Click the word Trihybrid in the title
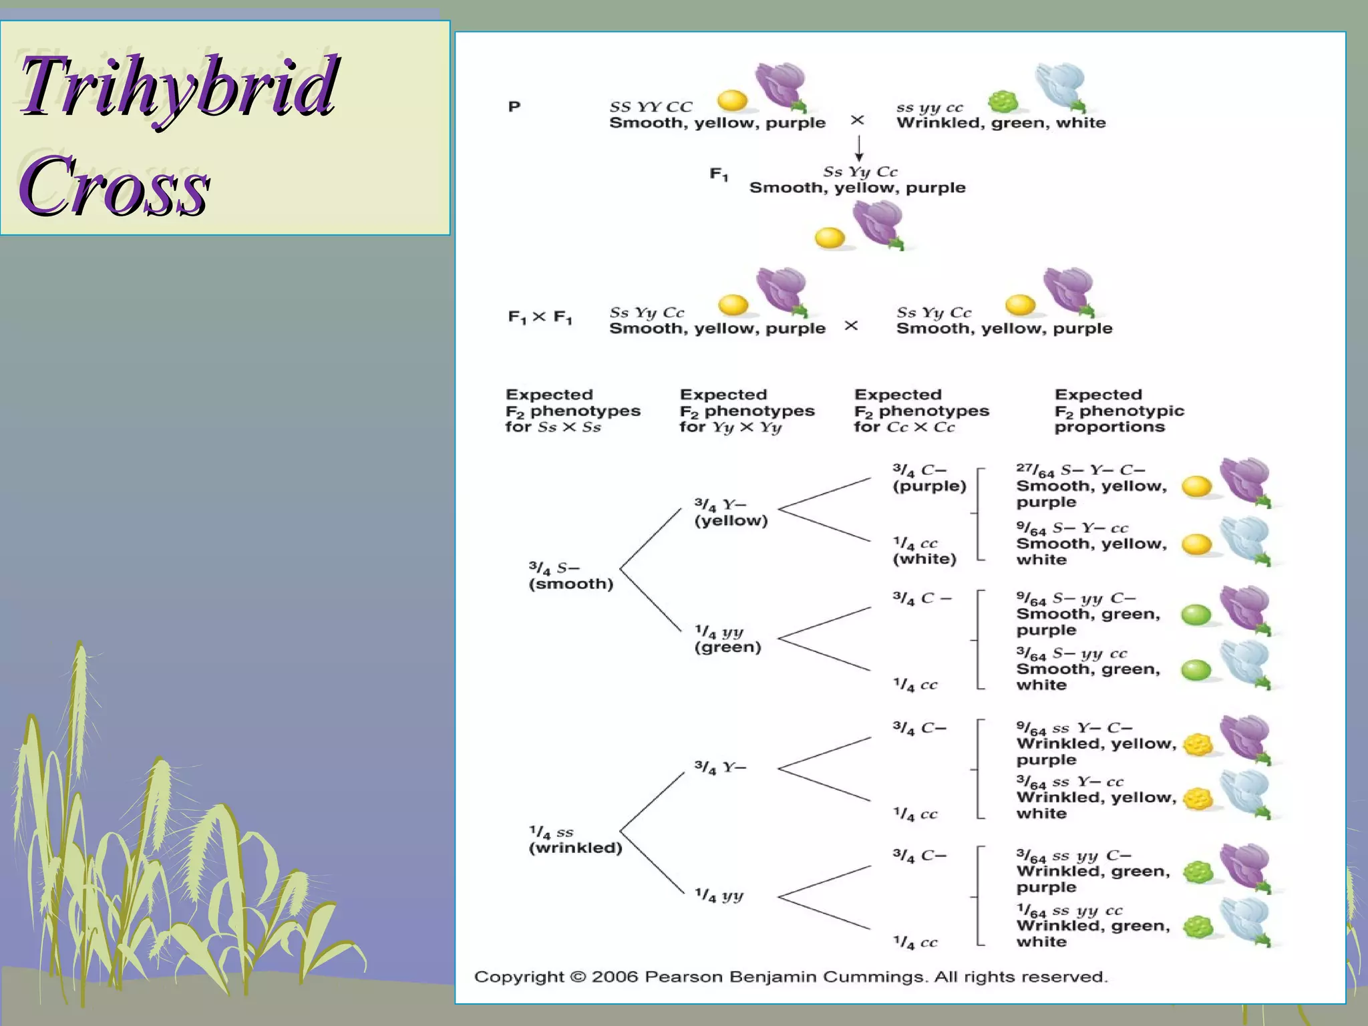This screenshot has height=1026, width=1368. pyautogui.click(x=179, y=87)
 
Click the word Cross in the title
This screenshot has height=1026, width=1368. pyautogui.click(x=115, y=185)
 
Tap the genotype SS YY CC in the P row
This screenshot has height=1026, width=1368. pyautogui.click(x=651, y=107)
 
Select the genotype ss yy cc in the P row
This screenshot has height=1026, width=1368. pyautogui.click(x=930, y=108)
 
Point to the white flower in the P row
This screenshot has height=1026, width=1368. pyautogui.click(x=1061, y=87)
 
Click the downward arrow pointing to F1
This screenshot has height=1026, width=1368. pyautogui.click(x=859, y=148)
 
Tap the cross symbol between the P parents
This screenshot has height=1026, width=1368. pyautogui.click(x=857, y=120)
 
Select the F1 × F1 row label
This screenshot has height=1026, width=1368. pyautogui.click(x=540, y=317)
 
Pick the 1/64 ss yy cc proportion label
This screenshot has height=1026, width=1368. pyautogui.click(x=1069, y=910)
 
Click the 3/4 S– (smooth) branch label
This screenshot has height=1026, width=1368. pyautogui.click(x=570, y=576)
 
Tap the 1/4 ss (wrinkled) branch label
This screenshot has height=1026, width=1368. pyautogui.click(x=574, y=840)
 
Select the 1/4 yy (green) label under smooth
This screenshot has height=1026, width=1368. pyautogui.click(x=727, y=639)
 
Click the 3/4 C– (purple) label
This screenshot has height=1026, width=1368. pyautogui.click(x=928, y=478)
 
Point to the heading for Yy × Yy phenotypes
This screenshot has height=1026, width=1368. pyautogui.click(x=747, y=411)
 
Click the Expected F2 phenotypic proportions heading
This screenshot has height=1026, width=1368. pyautogui.click(x=1119, y=411)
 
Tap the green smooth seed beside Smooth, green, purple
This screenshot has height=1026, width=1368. pyautogui.click(x=1196, y=615)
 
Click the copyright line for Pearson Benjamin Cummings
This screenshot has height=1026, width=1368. pyautogui.click(x=791, y=977)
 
